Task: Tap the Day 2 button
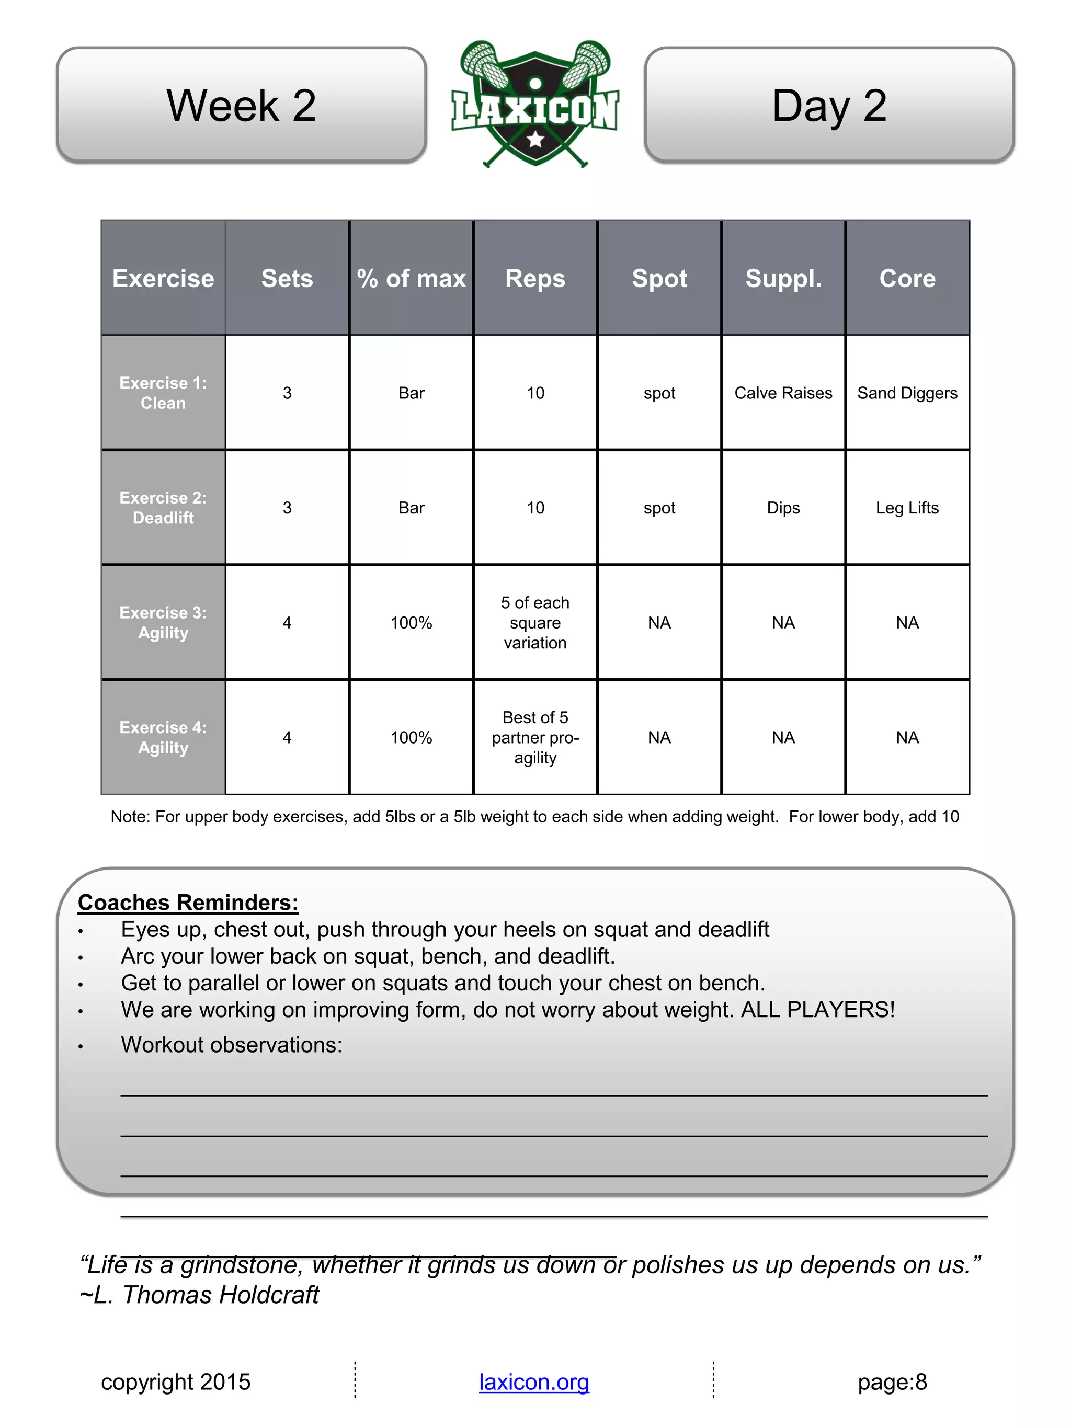click(x=829, y=105)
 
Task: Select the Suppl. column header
click(x=783, y=278)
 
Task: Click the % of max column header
click(x=411, y=278)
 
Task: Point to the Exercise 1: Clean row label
click(x=163, y=393)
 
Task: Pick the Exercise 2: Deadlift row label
click(x=163, y=507)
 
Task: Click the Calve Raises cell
click(x=783, y=393)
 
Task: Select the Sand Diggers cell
click(x=907, y=393)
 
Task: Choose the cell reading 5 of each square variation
click(x=535, y=622)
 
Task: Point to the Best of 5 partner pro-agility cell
click(x=535, y=737)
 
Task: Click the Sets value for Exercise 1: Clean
click(x=287, y=393)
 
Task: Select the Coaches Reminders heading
click(x=188, y=902)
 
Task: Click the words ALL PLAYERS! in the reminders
click(x=818, y=1009)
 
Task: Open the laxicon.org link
click(x=534, y=1381)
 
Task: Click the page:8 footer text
click(x=892, y=1381)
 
